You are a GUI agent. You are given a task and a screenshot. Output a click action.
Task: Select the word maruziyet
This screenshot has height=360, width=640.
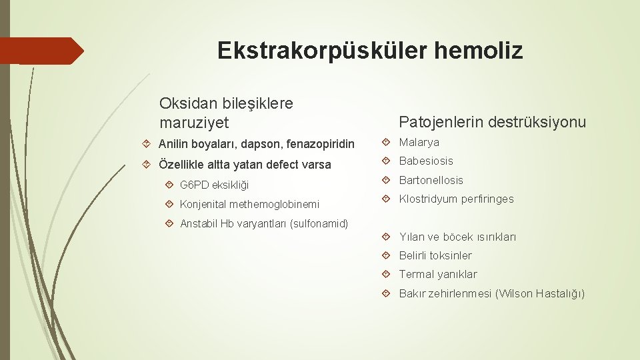coord(194,123)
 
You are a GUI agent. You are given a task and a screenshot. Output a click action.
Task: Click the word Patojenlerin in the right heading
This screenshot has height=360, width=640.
coord(440,122)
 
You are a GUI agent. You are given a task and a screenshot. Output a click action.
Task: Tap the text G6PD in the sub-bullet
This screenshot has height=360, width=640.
coord(193,185)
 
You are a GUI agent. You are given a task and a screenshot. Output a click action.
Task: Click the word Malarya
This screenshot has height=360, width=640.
coord(419,142)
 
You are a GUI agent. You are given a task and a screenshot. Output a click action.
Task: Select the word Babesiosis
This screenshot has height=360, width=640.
coord(426,161)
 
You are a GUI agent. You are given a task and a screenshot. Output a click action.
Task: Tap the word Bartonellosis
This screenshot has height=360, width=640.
coord(431,180)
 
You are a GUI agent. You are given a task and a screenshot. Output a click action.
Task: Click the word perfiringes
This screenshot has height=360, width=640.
coord(486,199)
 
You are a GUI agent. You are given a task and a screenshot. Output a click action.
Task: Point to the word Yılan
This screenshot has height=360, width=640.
coord(411,237)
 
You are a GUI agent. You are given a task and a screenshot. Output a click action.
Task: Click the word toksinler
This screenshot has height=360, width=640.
coord(451,255)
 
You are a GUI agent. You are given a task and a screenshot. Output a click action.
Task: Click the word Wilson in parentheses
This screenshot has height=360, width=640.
coord(515,293)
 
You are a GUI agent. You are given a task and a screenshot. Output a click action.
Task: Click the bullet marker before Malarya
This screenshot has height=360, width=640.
coord(389,142)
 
